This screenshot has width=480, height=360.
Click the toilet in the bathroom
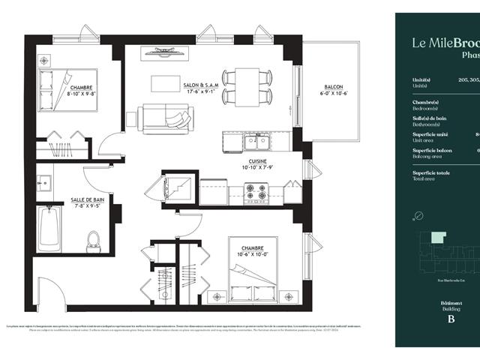(94, 239)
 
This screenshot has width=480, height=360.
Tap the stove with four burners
(256, 193)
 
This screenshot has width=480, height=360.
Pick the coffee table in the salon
(166, 82)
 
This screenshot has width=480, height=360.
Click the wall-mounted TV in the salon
(166, 51)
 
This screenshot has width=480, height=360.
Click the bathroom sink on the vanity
(44, 181)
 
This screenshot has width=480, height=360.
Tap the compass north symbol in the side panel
(418, 217)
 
